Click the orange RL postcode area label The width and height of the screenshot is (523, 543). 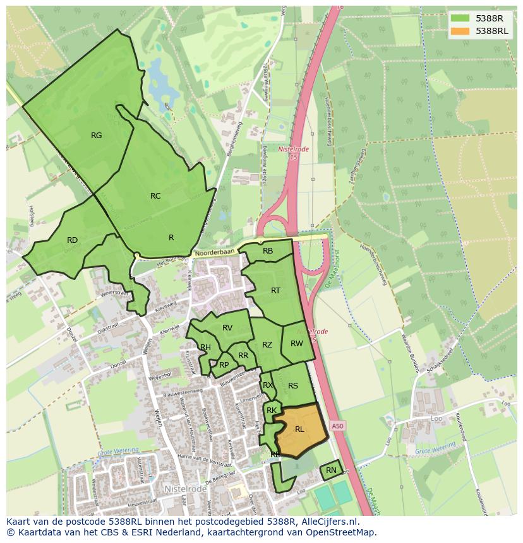pos(299,429)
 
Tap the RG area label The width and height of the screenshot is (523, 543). pos(96,135)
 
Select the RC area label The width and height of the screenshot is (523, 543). pos(155,196)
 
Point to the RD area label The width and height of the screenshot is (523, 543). pos(72,240)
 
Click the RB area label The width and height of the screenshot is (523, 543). pos(268,251)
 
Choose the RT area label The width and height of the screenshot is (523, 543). pos(275,291)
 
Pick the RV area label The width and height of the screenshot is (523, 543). pos(227,327)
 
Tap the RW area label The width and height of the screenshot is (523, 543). pos(297,344)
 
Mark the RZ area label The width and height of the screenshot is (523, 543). pos(267,345)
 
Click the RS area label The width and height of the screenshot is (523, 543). pos(293,386)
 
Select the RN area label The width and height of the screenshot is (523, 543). pos(331,470)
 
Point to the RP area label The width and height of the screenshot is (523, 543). pos(224,365)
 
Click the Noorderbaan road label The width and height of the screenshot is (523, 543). pos(214,252)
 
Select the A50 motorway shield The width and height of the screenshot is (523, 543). pos(338,426)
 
